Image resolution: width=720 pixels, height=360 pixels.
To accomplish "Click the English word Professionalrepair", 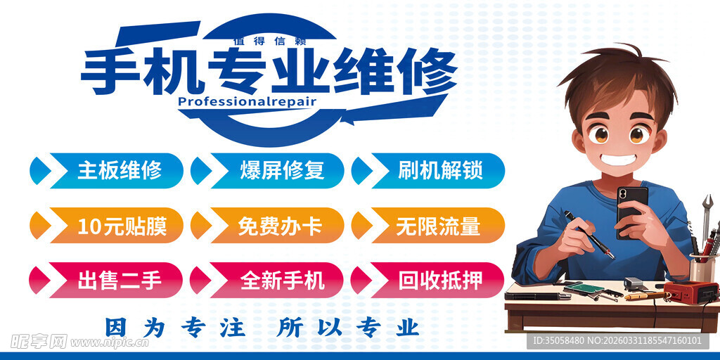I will point(247,101).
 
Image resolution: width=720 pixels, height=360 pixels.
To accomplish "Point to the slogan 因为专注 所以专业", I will point(262,327).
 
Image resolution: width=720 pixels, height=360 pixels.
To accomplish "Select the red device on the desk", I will point(690,290).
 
